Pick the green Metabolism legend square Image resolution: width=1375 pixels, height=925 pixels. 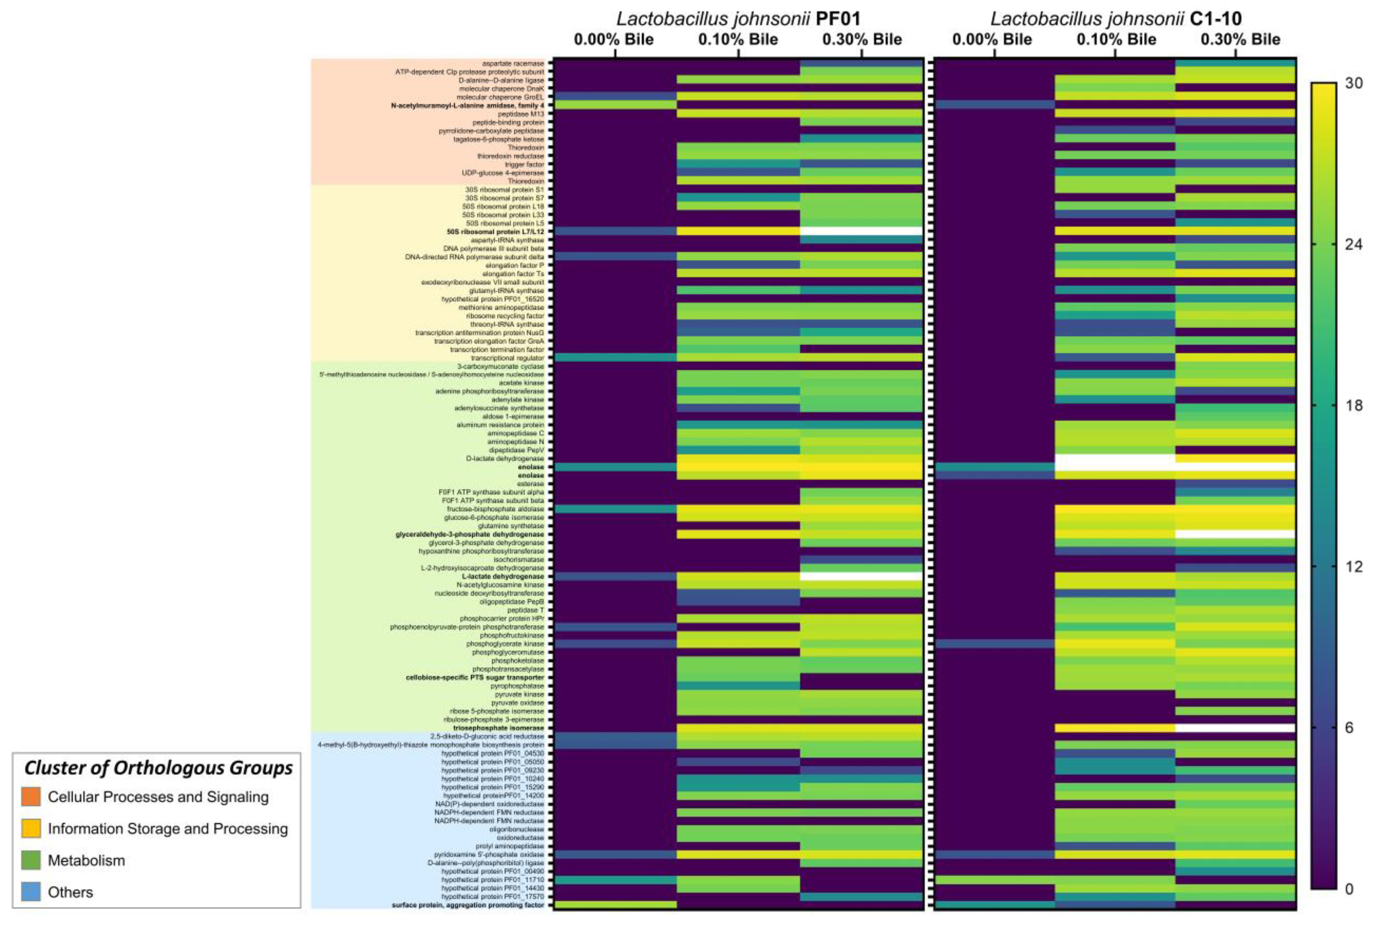[31, 860]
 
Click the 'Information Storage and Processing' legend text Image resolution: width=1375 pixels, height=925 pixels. [168, 828]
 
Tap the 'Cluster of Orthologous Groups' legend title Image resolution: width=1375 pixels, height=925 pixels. [158, 768]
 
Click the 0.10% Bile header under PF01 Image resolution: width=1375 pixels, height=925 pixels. [738, 39]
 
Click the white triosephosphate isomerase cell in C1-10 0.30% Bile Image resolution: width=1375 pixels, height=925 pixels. [1235, 728]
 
